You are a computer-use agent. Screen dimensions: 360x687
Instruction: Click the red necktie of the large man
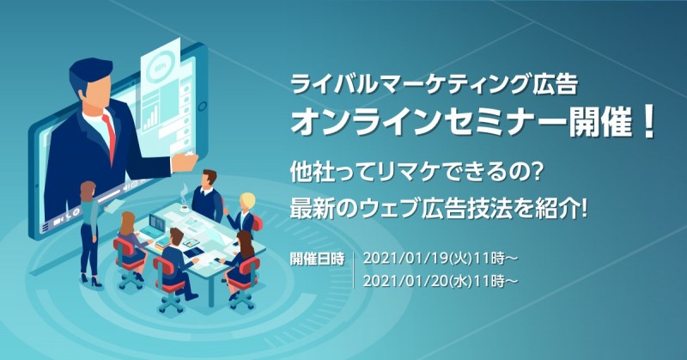pos(109,129)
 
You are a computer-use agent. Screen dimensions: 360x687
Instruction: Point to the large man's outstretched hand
pos(185,160)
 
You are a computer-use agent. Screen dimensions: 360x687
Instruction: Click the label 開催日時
pos(318,259)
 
